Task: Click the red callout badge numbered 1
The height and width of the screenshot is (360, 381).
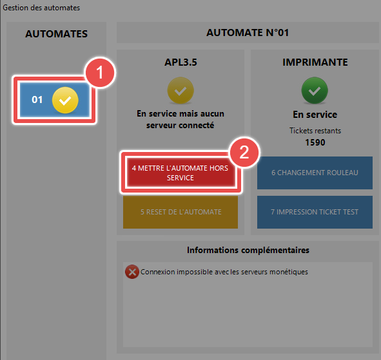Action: [x=100, y=73]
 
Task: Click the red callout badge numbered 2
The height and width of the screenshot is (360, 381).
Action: [x=244, y=152]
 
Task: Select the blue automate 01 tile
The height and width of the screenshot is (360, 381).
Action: [x=55, y=100]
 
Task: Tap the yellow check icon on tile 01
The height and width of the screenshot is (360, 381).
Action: [x=65, y=100]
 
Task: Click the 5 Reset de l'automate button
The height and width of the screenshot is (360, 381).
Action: [x=181, y=212]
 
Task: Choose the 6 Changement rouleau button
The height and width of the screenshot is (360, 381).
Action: [x=315, y=173]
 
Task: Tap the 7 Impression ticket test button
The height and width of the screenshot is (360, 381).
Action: [x=315, y=212]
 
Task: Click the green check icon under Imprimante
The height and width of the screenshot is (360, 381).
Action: [x=315, y=90]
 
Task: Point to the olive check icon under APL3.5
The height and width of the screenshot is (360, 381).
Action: [x=181, y=90]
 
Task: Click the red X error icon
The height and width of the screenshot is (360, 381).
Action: [x=132, y=272]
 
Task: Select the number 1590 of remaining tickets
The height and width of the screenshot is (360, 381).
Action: [x=315, y=142]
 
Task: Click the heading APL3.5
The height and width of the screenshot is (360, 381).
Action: [x=181, y=62]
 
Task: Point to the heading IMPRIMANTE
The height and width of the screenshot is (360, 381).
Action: [x=315, y=62]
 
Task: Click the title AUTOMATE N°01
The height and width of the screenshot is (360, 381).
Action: [x=248, y=33]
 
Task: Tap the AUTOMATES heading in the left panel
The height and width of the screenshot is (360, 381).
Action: [x=56, y=33]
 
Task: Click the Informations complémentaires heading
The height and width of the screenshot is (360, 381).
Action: [x=248, y=250]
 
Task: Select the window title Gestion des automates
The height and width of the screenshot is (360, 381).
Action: [x=41, y=8]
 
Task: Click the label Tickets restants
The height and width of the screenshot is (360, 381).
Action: [x=315, y=131]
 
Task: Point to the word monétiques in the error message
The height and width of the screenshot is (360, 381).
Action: [x=289, y=272]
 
